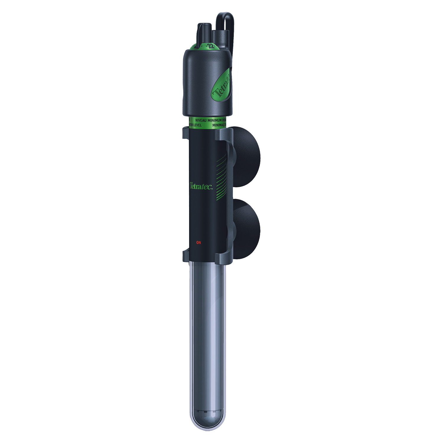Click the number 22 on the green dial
(x=211, y=46)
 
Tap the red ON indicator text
(x=198, y=242)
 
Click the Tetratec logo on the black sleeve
(x=201, y=186)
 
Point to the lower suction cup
(x=247, y=229)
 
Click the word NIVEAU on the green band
(x=201, y=121)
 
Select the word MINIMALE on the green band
(x=219, y=126)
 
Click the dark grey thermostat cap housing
(x=201, y=83)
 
